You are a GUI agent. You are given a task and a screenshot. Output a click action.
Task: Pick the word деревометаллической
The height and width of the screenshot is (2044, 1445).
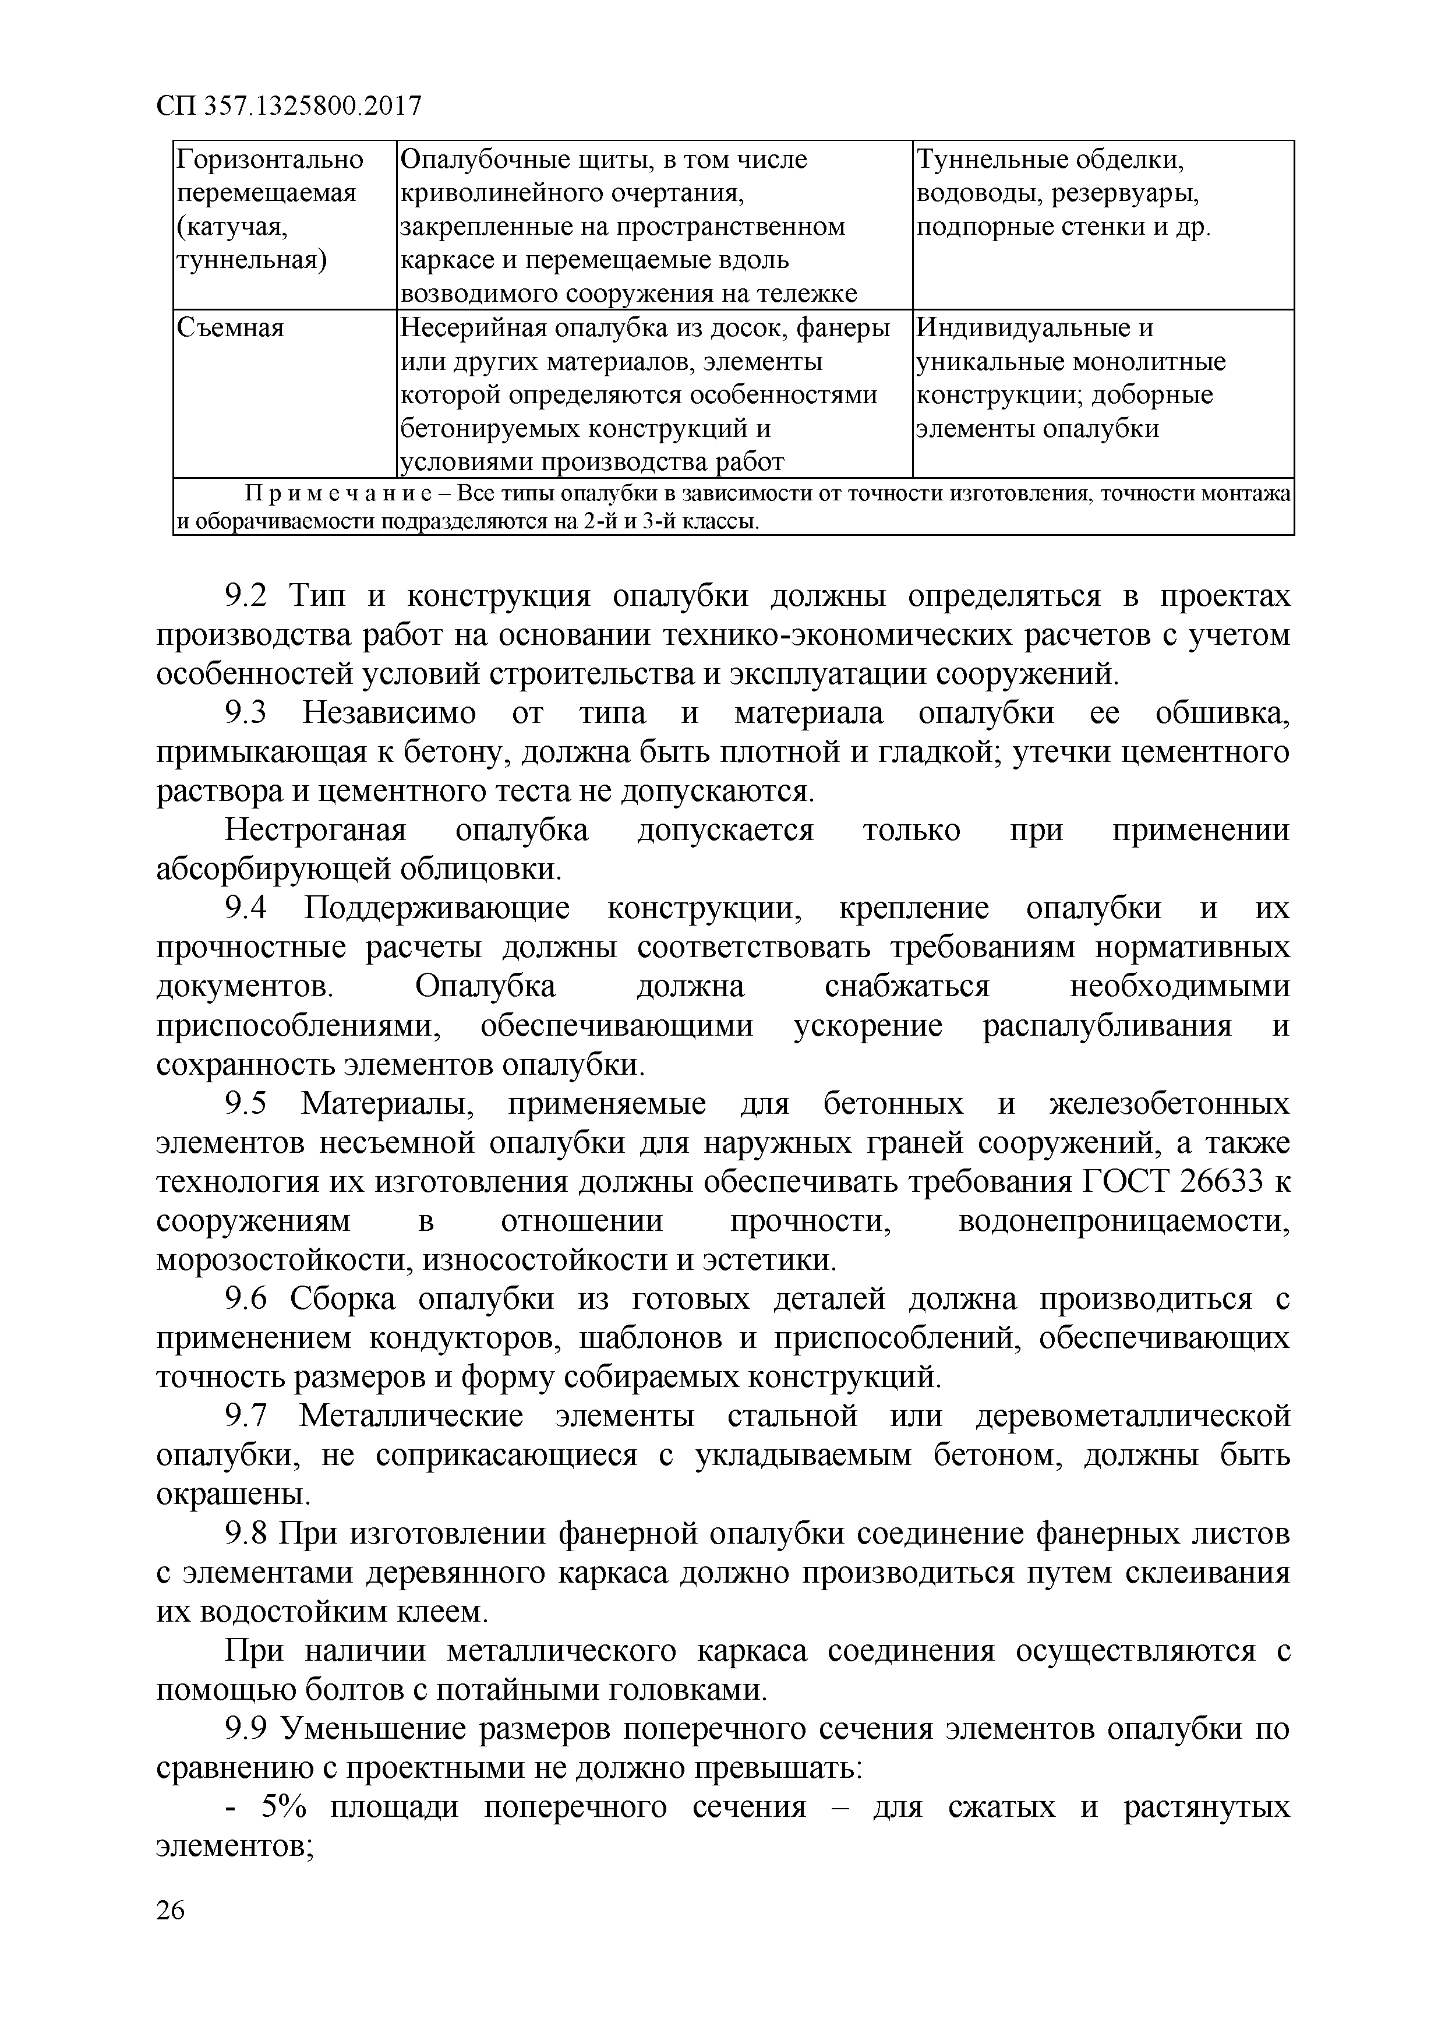(1132, 1417)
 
